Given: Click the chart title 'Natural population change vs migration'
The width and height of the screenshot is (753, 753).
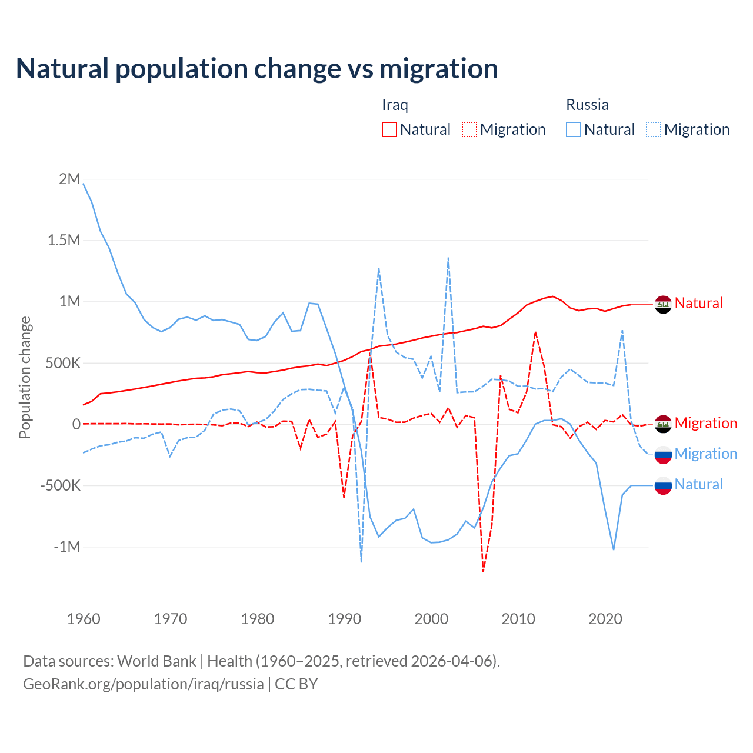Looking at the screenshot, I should coord(257,69).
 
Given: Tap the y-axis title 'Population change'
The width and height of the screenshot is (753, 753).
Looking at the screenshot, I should coord(25,377).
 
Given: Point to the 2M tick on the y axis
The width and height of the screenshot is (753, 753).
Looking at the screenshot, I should coord(69,179).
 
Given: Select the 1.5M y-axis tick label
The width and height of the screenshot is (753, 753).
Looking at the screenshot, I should coord(64,240).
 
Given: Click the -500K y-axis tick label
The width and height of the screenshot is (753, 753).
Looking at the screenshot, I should coord(61,485).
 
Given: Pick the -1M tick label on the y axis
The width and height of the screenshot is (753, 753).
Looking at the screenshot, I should coord(67,547).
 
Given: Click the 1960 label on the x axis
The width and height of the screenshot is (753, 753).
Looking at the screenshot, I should coord(84,619).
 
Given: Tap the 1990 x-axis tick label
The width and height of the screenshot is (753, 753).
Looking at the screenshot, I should coord(344,619).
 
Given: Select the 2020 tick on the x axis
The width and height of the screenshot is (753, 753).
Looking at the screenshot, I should coord(605,619).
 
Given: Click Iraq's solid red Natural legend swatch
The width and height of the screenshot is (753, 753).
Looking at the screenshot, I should coord(389,129).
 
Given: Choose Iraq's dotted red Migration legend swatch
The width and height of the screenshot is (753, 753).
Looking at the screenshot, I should coord(469,129).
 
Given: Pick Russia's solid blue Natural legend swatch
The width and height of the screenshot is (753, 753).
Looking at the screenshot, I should coord(574,129).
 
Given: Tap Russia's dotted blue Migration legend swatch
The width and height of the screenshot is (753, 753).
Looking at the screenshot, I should coord(654,129).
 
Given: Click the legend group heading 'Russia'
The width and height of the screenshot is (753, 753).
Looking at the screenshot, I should coord(587,105).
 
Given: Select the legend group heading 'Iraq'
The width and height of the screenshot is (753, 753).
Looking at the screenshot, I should coord(395,105).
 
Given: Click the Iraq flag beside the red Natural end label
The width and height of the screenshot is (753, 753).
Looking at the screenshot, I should coord(663,304).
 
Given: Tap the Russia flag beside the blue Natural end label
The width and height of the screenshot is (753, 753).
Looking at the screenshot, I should coord(663,485).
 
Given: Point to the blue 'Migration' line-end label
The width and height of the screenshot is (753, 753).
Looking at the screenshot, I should coord(706,454).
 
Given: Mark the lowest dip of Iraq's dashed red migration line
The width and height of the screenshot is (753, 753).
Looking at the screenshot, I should coord(483,571).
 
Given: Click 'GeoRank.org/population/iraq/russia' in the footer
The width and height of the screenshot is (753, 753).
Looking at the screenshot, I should coord(144,684).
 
